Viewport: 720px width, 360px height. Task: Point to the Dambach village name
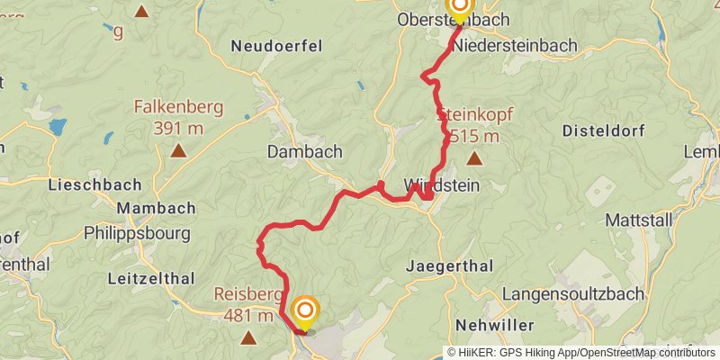click(x=305, y=152)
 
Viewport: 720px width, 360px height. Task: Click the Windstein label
click(x=441, y=185)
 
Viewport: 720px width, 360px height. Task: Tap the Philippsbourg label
click(x=137, y=233)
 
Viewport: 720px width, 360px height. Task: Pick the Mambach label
click(x=156, y=208)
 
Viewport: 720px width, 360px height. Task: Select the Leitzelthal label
click(x=147, y=280)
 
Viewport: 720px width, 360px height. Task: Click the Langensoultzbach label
click(x=572, y=293)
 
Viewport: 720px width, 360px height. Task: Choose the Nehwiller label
click(x=495, y=324)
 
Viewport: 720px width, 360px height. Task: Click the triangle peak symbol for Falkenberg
click(x=178, y=151)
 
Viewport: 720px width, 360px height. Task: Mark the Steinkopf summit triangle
click(x=474, y=159)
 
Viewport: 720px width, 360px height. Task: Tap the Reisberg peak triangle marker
click(x=249, y=337)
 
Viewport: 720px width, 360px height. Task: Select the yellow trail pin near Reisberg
click(x=306, y=314)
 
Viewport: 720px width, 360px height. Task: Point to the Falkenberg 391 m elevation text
click(x=178, y=117)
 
